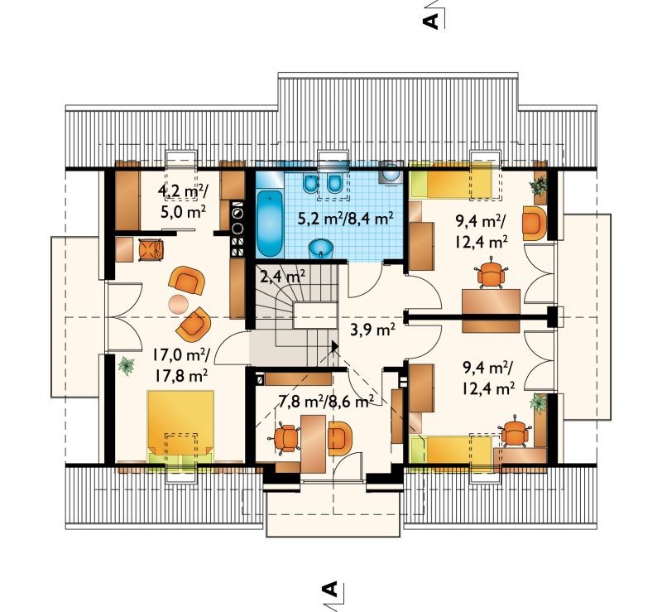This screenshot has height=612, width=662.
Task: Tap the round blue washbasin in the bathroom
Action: pos(322,248)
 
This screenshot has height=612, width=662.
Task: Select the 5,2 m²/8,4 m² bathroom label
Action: pos(346,219)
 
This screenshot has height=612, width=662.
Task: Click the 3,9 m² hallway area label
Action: pos(373,330)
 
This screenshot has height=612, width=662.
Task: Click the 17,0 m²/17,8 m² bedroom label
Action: pos(180,364)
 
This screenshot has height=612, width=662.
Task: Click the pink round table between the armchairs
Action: pos(179,303)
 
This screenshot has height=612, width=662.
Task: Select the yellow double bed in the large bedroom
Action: pos(180,427)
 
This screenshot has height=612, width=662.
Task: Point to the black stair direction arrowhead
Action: pos(335,346)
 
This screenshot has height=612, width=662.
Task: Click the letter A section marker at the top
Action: pos(430,21)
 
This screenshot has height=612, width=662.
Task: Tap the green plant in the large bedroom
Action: pos(127,365)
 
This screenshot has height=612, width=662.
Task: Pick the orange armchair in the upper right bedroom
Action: pos(534,223)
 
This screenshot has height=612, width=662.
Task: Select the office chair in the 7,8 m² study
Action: pos(286,437)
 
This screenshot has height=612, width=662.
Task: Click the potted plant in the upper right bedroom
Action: pos(539,186)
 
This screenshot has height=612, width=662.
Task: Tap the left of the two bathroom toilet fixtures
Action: pos(310,182)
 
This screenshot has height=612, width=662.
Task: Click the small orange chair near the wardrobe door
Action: pos(151,249)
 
